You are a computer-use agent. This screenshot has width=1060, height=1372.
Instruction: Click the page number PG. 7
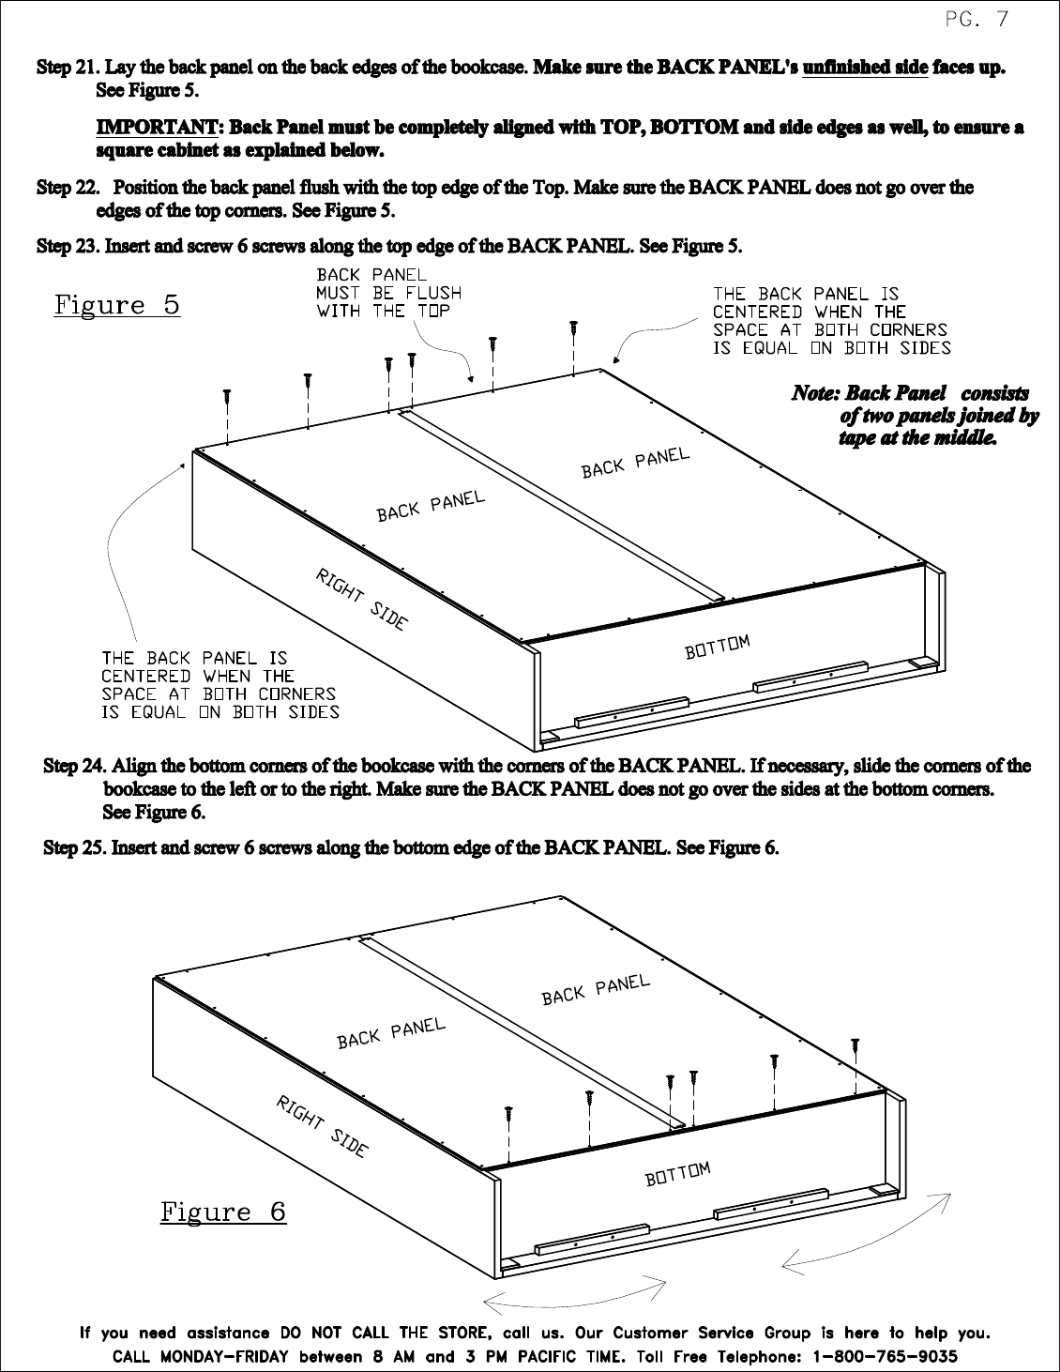pyautogui.click(x=977, y=21)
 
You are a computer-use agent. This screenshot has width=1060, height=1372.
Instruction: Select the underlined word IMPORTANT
pyautogui.click(x=157, y=127)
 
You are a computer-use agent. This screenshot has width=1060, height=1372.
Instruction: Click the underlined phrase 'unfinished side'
pyautogui.click(x=865, y=67)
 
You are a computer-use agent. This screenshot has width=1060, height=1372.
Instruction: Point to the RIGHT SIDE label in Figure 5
pyautogui.click(x=362, y=599)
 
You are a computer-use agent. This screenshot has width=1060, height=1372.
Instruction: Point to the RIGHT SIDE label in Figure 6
pyautogui.click(x=322, y=1127)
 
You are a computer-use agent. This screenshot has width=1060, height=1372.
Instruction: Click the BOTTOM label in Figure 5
pyautogui.click(x=718, y=647)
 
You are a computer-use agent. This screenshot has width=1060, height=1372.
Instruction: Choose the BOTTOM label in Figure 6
pyautogui.click(x=677, y=1174)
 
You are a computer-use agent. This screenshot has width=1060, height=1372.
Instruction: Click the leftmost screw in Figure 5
pyautogui.click(x=227, y=398)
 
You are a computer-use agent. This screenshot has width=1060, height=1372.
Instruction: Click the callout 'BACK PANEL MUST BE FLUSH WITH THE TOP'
pyautogui.click(x=388, y=293)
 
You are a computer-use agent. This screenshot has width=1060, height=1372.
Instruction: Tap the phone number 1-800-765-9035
pyautogui.click(x=886, y=1356)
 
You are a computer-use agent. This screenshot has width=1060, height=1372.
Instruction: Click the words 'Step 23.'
pyautogui.click(x=68, y=246)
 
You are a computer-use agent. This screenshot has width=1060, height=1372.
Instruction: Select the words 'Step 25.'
pyautogui.click(x=75, y=847)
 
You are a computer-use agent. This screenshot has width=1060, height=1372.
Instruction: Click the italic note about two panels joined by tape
pyautogui.click(x=915, y=415)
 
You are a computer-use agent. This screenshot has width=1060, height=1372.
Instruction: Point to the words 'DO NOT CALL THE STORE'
pyautogui.click(x=385, y=1333)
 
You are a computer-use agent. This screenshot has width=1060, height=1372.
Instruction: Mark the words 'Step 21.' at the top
pyautogui.click(x=68, y=67)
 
